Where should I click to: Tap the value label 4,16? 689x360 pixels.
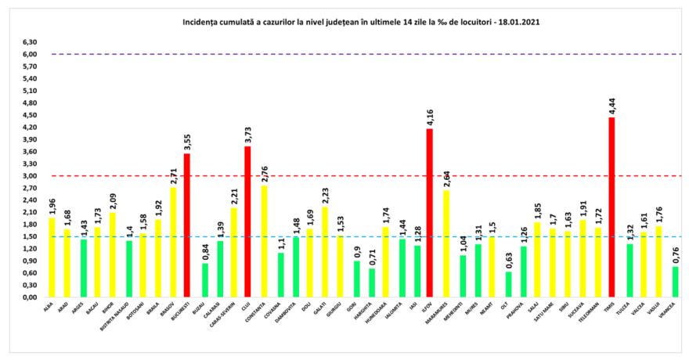pyautogui.click(x=429, y=115)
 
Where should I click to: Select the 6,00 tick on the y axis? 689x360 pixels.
pyautogui.click(x=31, y=55)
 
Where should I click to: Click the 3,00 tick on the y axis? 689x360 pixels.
pyautogui.click(x=31, y=176)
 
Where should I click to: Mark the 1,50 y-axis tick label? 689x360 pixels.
pyautogui.click(x=31, y=236)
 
